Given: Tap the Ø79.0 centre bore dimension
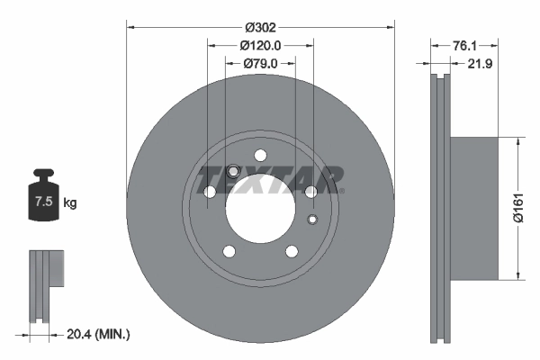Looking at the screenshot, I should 261,63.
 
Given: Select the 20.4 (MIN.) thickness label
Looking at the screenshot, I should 98,334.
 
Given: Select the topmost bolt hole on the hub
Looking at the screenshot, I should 261,154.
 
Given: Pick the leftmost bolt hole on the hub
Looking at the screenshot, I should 211,192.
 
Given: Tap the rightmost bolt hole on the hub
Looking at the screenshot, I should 310,191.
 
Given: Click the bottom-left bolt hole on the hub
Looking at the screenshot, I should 229,250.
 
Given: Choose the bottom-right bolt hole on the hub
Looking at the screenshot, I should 292,250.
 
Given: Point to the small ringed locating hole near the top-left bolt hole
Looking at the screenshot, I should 233,171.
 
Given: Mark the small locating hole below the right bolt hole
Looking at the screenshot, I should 312,220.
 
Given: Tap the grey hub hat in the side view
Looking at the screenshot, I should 472,209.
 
